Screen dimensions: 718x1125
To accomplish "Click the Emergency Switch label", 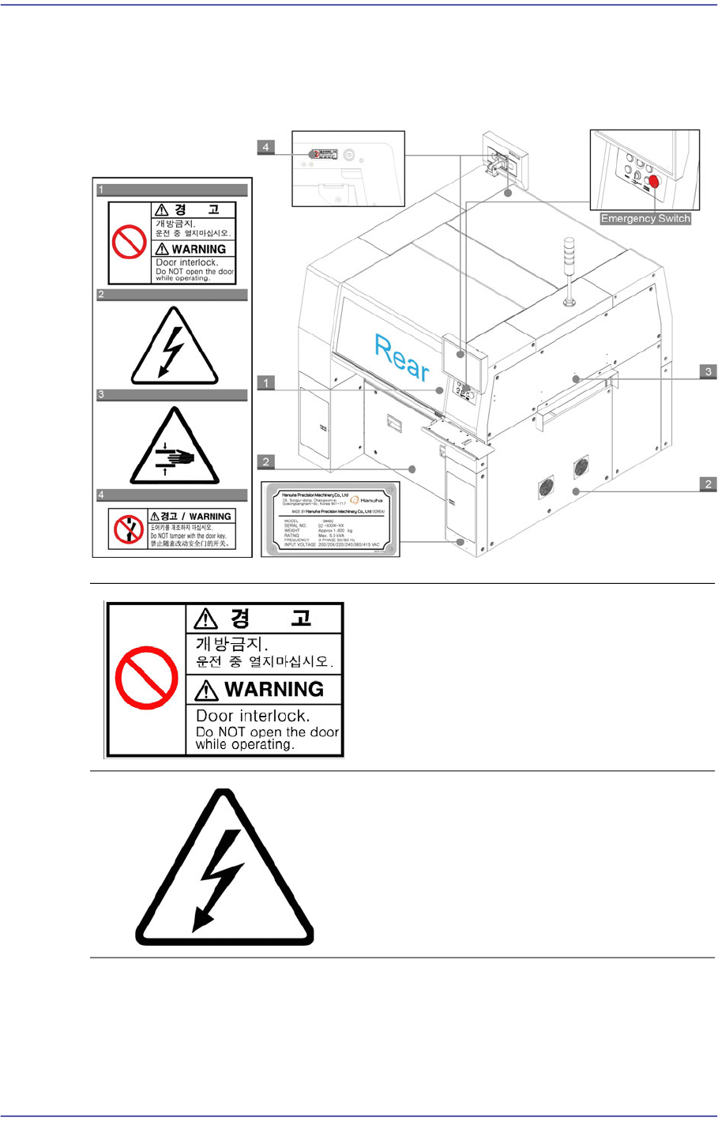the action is (x=645, y=219).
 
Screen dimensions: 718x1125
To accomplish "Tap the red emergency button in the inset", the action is (x=652, y=181).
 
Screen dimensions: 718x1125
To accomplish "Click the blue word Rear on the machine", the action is (x=402, y=358).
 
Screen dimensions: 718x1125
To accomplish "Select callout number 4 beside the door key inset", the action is (x=266, y=147).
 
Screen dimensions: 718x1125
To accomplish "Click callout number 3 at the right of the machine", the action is (x=709, y=371).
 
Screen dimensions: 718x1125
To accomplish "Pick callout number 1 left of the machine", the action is (x=266, y=383).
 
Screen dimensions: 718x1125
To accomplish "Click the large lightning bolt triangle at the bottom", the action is (x=225, y=869).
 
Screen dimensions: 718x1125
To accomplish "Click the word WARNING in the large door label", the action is (x=274, y=689).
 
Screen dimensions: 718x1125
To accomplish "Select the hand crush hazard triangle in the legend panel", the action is (x=174, y=447).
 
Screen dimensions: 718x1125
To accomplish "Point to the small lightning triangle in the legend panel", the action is (x=174, y=348).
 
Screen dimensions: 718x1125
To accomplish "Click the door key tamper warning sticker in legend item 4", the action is (x=172, y=529).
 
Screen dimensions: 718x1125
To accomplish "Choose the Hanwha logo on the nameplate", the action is (x=367, y=500).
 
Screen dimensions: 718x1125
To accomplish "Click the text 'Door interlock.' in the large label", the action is (x=253, y=716).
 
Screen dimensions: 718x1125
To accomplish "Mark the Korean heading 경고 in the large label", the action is (x=265, y=618).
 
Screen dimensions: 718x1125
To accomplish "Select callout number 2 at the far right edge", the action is (x=709, y=484).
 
